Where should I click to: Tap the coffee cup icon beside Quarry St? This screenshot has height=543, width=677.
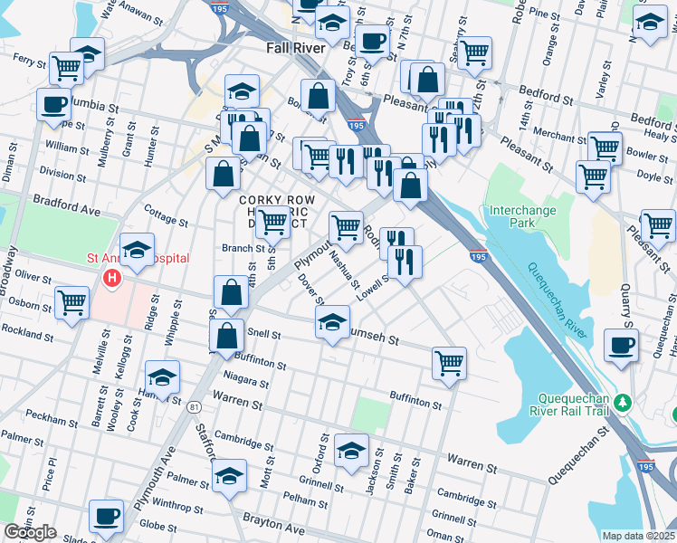point(621,345)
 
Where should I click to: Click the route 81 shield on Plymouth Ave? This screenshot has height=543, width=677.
point(195,407)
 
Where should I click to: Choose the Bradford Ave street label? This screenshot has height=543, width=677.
point(66,204)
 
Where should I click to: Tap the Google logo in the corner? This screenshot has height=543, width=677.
point(30,532)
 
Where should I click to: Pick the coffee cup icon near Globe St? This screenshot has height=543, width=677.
point(106,516)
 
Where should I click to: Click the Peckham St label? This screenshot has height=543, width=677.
point(52,421)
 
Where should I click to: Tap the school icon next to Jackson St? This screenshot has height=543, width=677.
point(351,451)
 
